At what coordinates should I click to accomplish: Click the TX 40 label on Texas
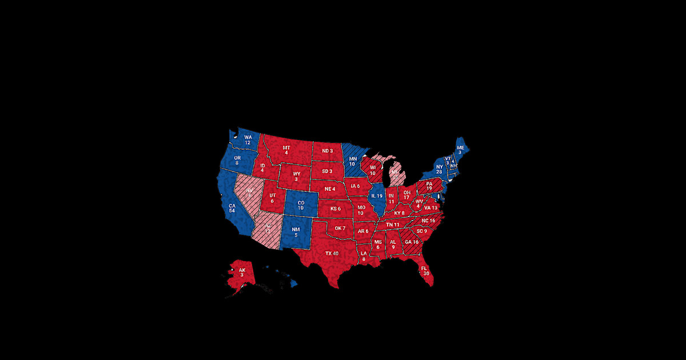point(332,253)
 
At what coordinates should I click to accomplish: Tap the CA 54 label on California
point(232,207)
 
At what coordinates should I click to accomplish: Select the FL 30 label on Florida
point(424,270)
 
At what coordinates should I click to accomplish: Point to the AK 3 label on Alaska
point(242,272)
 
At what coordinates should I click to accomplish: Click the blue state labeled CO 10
point(300,204)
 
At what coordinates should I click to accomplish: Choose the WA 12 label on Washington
point(248,140)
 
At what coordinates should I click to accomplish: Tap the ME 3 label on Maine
point(460,150)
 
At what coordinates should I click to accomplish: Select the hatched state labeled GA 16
point(412,242)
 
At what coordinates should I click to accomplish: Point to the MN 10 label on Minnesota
point(353,161)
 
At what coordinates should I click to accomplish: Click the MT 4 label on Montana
point(286,150)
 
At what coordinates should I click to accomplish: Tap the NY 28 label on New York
point(439,169)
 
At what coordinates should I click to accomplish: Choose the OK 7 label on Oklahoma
point(340,229)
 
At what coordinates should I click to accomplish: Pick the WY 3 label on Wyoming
point(296,175)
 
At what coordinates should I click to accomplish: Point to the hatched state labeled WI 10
point(372,170)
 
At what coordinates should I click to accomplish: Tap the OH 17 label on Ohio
point(406,195)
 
